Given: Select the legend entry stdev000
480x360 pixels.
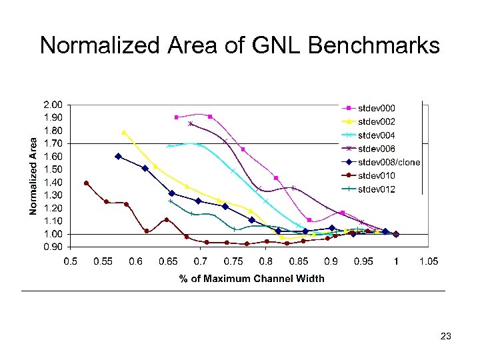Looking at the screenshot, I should (377, 107).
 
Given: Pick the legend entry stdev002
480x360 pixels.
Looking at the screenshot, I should (377, 121).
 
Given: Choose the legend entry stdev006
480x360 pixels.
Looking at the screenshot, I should (377, 149).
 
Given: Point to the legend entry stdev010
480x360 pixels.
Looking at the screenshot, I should (377, 176).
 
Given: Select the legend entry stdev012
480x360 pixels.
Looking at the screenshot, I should (377, 189).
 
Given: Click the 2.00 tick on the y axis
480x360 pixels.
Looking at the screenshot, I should (53, 105).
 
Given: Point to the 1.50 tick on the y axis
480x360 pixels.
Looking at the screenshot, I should (53, 169).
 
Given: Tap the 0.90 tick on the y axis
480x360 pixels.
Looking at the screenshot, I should (53, 247).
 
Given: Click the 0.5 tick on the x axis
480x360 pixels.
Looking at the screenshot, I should (70, 262).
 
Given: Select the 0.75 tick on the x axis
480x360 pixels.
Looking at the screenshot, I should (233, 262).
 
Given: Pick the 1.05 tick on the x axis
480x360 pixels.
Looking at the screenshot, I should (428, 262).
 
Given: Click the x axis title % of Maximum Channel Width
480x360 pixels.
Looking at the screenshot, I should (251, 278).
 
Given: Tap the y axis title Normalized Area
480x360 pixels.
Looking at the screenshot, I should (33, 176).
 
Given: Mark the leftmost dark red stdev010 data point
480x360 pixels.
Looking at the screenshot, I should (86, 183).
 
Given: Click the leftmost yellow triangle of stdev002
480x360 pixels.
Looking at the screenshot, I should (124, 132).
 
